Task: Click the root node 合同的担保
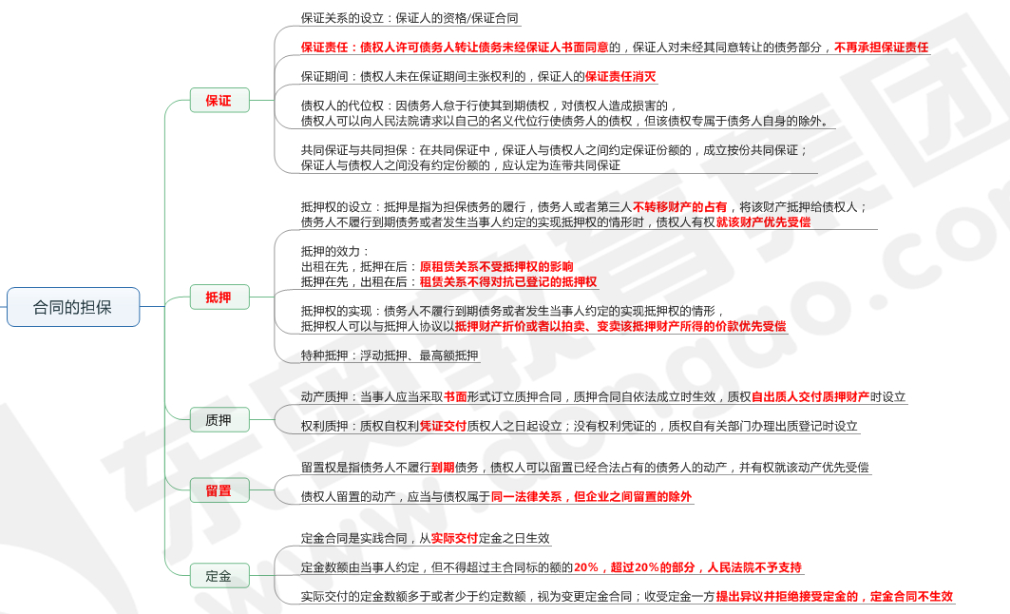coord(72,307)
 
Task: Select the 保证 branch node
coord(219,100)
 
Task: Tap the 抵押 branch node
coord(219,297)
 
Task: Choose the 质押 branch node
coord(219,419)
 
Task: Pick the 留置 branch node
coord(219,490)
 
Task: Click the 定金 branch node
coord(219,575)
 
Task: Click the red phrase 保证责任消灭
coord(620,76)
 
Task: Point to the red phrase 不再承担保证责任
coord(881,47)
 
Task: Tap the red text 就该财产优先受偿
coord(763,221)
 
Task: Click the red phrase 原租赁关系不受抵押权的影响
coord(496,266)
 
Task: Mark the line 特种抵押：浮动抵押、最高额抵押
coord(390,355)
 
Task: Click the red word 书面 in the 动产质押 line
coord(455,397)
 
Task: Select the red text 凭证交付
coord(443,426)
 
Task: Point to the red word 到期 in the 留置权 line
coord(443,467)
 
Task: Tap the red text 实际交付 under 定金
coord(454,538)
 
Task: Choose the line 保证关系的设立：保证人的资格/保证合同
coord(410,18)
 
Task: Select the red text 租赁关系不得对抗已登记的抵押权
coord(508,281)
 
